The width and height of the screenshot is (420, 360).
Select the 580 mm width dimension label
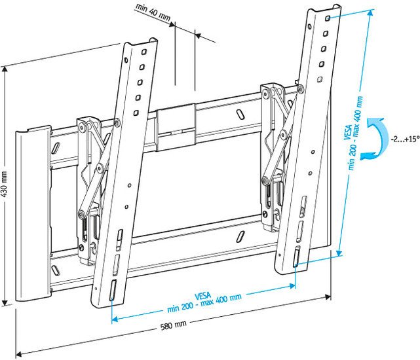(x=174, y=325)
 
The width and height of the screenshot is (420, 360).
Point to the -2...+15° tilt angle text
(x=403, y=139)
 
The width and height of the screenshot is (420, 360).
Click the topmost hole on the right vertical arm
(x=326, y=20)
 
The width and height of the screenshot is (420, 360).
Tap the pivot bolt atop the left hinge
(x=115, y=121)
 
